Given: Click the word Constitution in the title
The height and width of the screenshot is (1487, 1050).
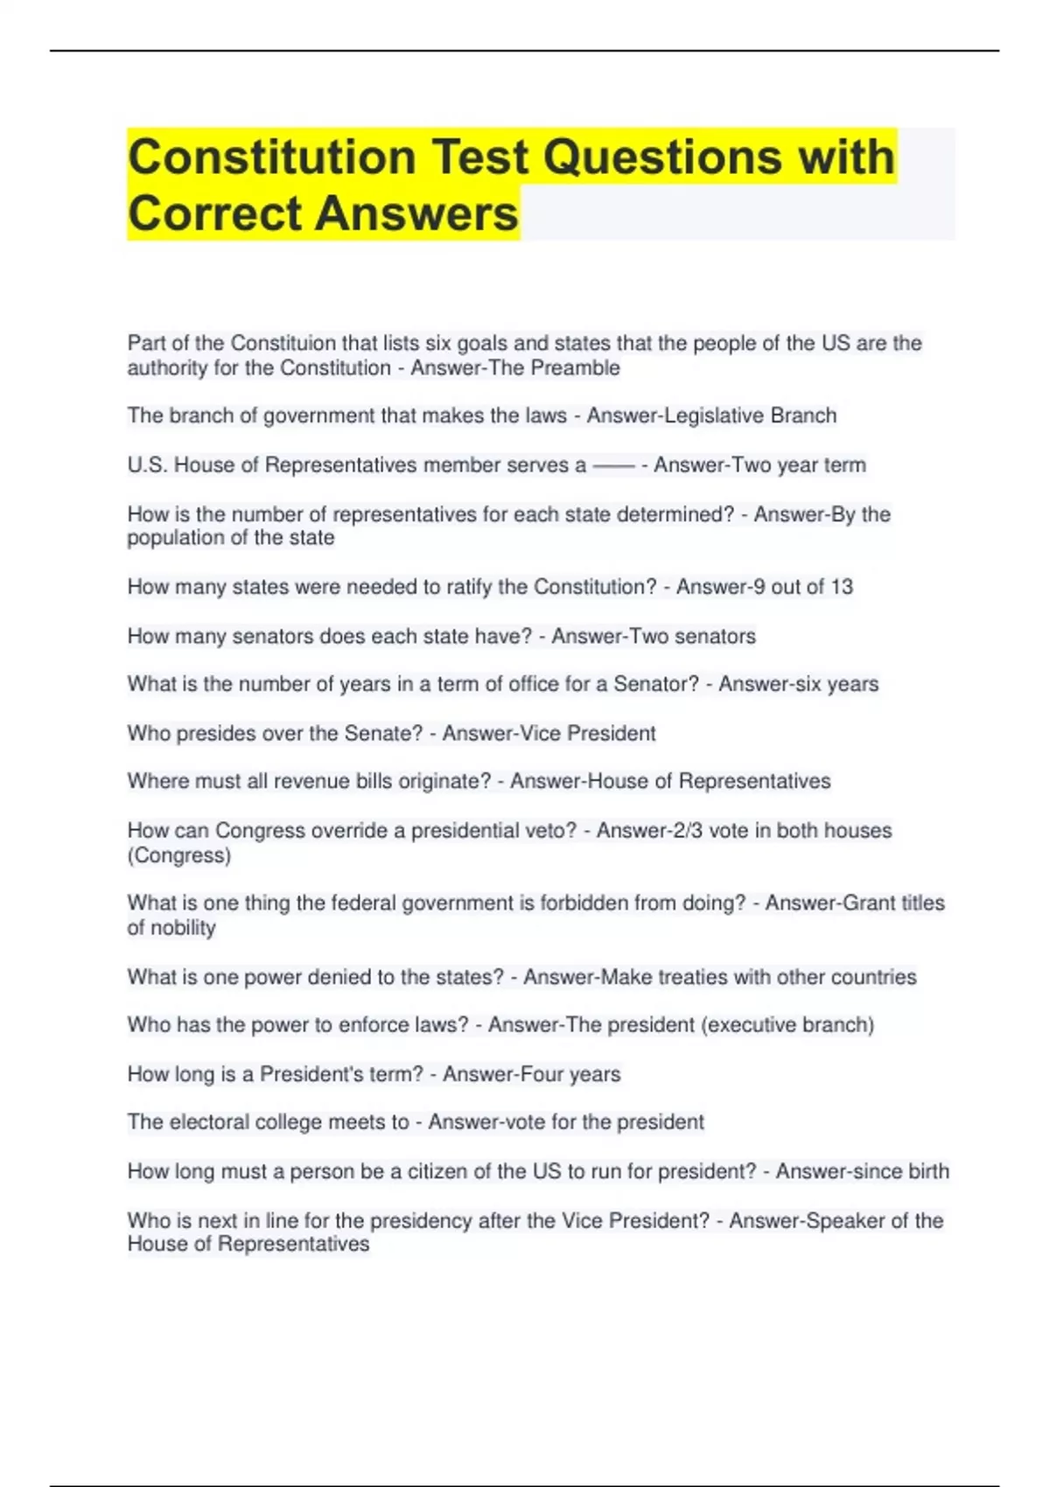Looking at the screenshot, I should click(x=271, y=157).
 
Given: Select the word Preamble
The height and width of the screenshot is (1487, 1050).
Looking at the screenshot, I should click(x=577, y=368).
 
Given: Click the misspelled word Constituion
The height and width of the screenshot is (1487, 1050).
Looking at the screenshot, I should click(x=283, y=343).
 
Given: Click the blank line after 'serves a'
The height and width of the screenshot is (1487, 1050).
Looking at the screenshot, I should click(x=613, y=466).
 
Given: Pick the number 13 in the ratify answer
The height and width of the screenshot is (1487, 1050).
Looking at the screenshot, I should click(x=842, y=587).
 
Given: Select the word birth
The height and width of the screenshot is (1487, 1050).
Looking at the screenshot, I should click(x=923, y=1171).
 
